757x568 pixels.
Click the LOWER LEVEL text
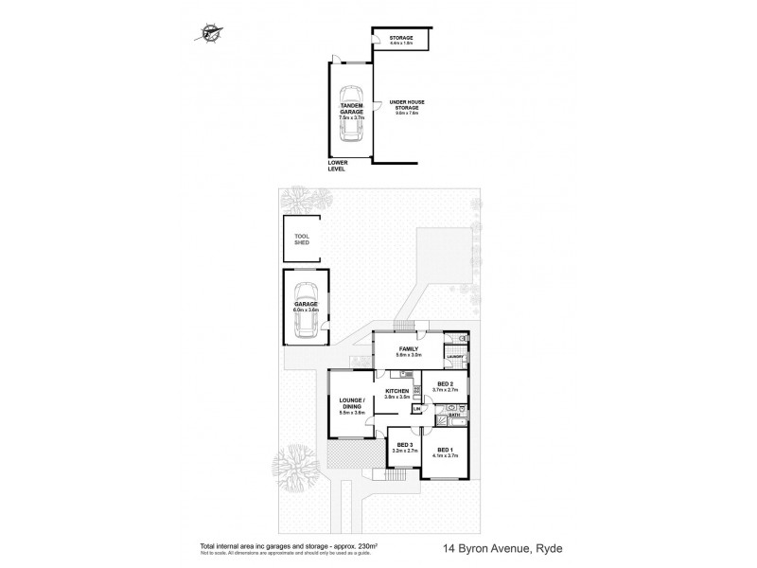point(337,165)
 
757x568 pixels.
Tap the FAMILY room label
point(408,349)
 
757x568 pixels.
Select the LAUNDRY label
point(454,357)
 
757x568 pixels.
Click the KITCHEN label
point(396,390)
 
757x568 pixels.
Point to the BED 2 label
point(445,385)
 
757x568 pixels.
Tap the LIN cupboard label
point(416,409)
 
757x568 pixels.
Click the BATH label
point(453,415)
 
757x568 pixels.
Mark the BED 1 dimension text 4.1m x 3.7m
point(445,455)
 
